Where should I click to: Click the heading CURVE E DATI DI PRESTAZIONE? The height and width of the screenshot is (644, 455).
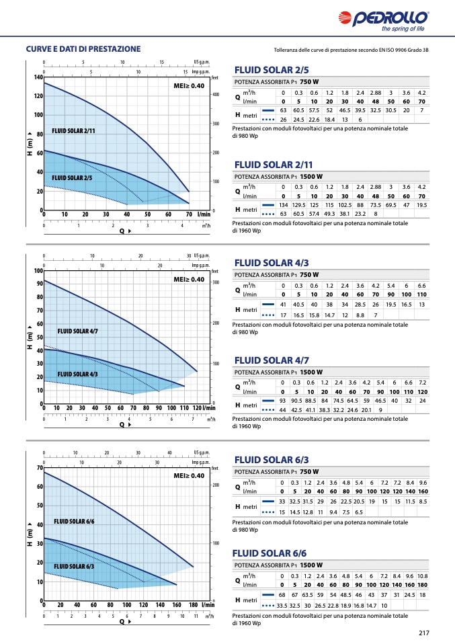[83, 49]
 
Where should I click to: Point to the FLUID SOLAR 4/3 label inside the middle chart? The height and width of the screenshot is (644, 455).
[77, 374]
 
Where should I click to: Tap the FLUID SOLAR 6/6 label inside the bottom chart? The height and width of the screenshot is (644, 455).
[74, 521]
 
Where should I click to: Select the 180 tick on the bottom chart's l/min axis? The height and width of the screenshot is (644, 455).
[192, 606]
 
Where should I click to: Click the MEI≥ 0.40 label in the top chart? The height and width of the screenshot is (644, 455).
[189, 86]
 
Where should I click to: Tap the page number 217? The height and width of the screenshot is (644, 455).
[423, 633]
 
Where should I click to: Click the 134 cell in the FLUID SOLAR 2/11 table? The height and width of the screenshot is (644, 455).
[283, 204]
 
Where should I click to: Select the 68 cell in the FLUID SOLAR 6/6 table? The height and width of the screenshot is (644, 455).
[282, 596]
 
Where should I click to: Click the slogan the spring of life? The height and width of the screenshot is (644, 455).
[403, 29]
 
